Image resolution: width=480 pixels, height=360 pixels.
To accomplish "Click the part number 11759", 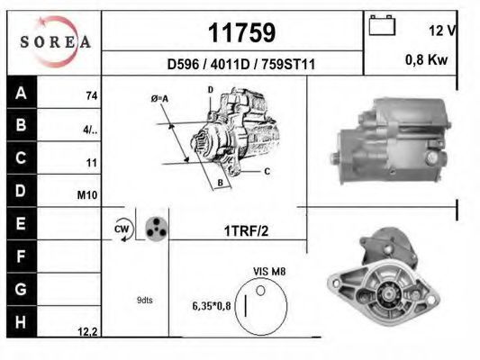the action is tap(242, 32).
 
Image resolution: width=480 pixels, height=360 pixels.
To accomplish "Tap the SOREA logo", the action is tap(56, 41).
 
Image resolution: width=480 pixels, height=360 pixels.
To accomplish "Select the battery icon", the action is tap(382, 25).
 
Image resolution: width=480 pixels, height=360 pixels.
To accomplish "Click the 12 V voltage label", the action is tap(442, 31).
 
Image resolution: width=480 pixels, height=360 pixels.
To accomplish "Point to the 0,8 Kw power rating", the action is tap(427, 59).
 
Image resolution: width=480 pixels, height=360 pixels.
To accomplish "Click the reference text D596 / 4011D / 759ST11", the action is tap(241, 65).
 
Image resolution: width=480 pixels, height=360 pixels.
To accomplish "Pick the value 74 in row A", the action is tap(92, 96).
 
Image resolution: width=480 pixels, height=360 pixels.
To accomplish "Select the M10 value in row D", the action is tap(87, 194).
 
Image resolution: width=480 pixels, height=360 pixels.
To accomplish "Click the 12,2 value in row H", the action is tap(87, 331).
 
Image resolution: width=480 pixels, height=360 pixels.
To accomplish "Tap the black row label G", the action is tap(21, 289).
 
